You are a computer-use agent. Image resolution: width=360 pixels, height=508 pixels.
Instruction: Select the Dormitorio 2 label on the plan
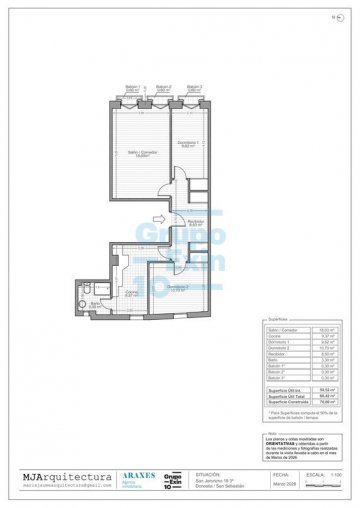pyautogui.click(x=176, y=288)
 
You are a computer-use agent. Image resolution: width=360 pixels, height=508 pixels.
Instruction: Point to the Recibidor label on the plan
pyautogui.click(x=196, y=222)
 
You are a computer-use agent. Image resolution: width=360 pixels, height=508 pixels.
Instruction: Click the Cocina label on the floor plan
pyautogui.click(x=131, y=292)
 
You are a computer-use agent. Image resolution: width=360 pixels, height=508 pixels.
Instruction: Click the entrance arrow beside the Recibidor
pyautogui.click(x=157, y=218)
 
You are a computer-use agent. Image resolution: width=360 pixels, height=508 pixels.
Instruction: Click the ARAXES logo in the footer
pyautogui.click(x=136, y=477)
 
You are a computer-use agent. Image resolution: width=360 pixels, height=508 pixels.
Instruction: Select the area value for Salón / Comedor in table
pyautogui.click(x=323, y=357)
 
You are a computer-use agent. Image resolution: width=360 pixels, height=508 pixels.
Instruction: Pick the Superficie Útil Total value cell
pyautogui.click(x=323, y=396)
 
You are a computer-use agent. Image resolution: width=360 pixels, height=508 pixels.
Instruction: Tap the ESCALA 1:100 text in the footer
pyautogui.click(x=322, y=476)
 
